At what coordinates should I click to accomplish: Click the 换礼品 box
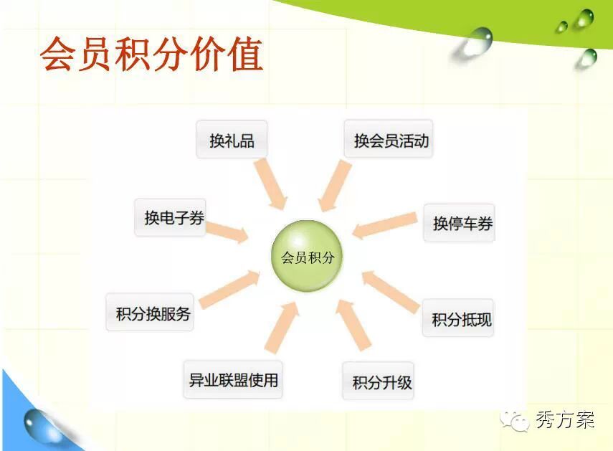[232, 140]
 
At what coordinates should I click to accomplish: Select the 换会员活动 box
[389, 138]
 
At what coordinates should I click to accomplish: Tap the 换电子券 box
[170, 217]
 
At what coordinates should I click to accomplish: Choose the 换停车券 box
[460, 223]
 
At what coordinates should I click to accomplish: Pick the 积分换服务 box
[150, 313]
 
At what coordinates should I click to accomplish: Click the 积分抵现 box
[458, 318]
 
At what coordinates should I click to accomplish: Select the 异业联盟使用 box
[233, 379]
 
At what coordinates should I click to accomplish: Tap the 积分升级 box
[378, 381]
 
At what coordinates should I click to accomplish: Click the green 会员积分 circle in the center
[307, 256]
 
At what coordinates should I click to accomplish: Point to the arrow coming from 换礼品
[270, 184]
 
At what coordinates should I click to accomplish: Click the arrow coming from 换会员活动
[335, 185]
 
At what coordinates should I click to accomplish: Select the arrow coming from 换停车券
[385, 226]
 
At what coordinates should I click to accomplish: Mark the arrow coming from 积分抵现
[391, 291]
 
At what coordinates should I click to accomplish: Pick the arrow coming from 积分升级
[353, 325]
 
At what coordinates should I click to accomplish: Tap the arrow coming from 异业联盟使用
[282, 328]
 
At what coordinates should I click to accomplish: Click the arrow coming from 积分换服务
[229, 288]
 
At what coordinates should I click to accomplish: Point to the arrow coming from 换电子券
[227, 232]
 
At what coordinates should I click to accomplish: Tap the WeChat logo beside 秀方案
[514, 422]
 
